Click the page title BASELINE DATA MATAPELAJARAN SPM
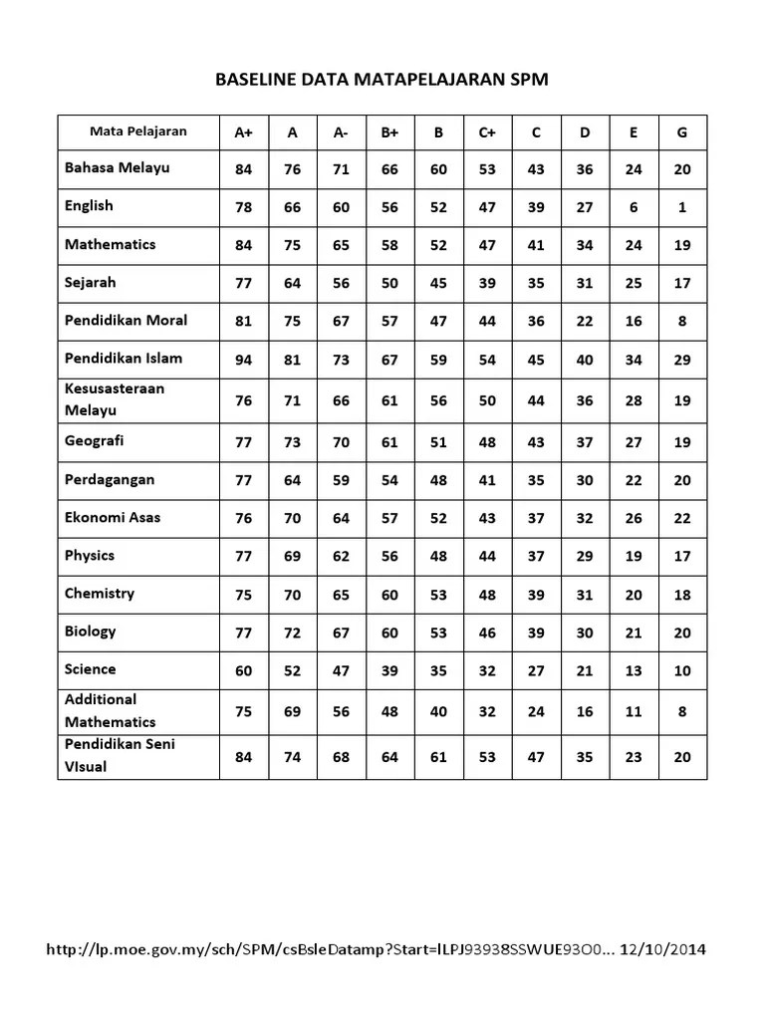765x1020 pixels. pyautogui.click(x=382, y=80)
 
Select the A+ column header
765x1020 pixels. pyautogui.click(x=243, y=132)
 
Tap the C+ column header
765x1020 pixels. pyautogui.click(x=487, y=132)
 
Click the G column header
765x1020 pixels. pyautogui.click(x=682, y=132)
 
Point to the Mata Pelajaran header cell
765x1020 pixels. pyautogui.click(x=138, y=131)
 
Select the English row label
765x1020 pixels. pyautogui.click(x=90, y=206)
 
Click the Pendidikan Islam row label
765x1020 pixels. pyautogui.click(x=124, y=359)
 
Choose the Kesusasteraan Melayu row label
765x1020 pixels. pyautogui.click(x=115, y=399)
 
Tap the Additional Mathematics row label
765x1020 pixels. pyautogui.click(x=111, y=710)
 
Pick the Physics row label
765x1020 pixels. pyautogui.click(x=90, y=556)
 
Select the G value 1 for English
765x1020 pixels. pyautogui.click(x=682, y=208)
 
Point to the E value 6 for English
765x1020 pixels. pyautogui.click(x=634, y=208)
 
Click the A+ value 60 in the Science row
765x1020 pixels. pyautogui.click(x=243, y=671)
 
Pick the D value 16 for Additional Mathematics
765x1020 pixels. pyautogui.click(x=585, y=712)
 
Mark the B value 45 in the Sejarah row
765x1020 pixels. pyautogui.click(x=438, y=284)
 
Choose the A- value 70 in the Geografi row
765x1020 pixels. pyautogui.click(x=341, y=442)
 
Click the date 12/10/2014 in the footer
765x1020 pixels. pyautogui.click(x=662, y=950)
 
